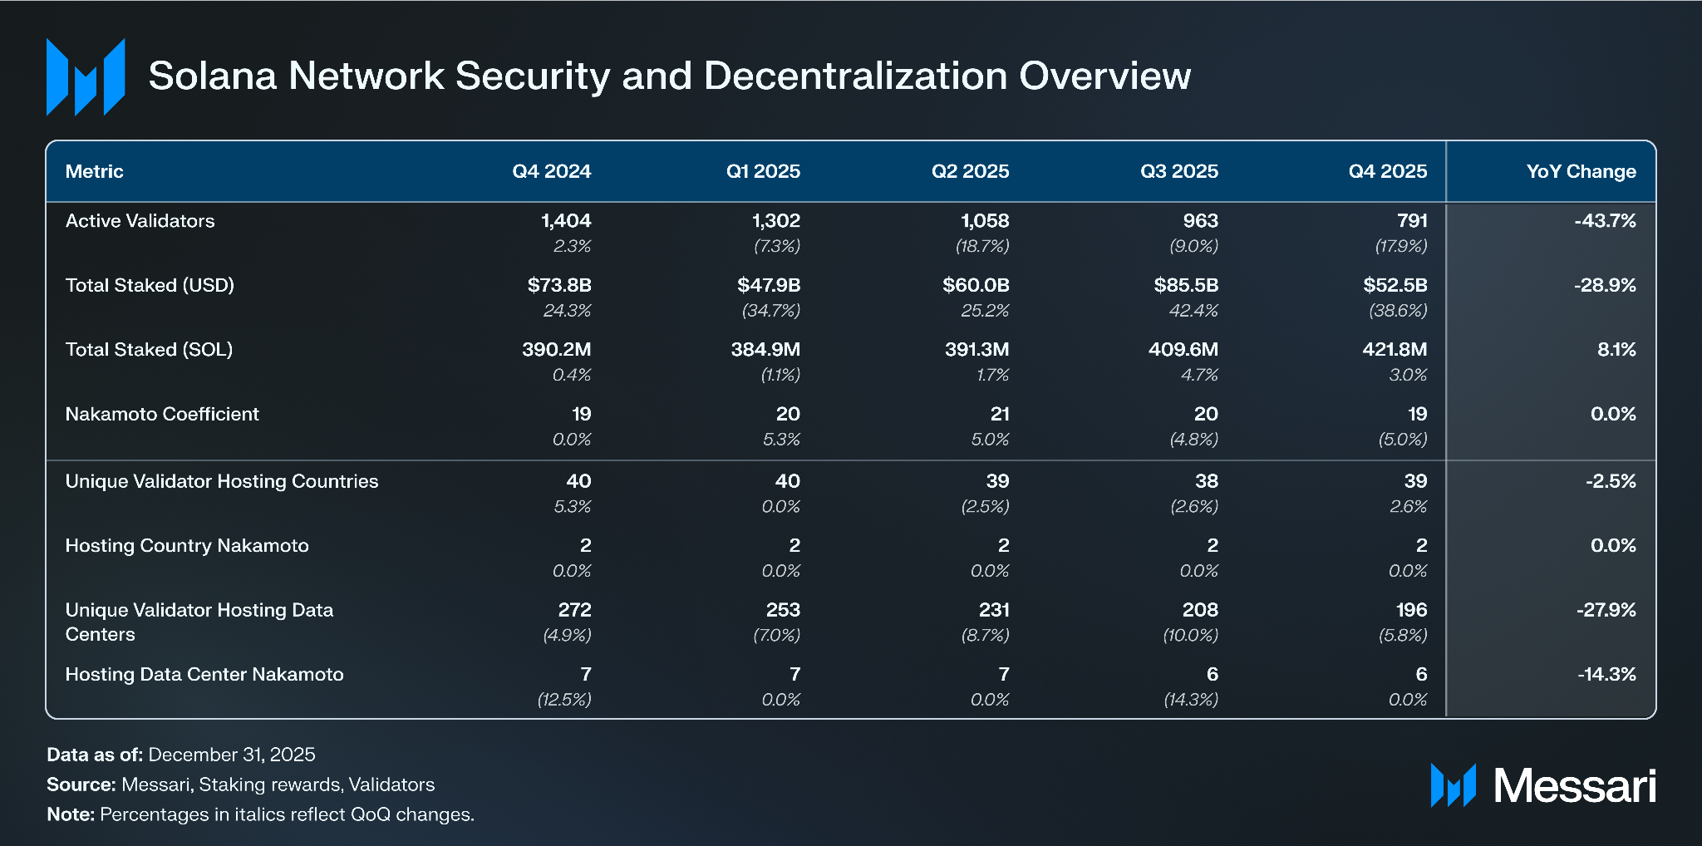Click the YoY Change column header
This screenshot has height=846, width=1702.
point(1581,171)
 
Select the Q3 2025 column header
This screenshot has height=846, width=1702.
point(1178,171)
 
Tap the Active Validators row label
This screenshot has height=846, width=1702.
point(140,221)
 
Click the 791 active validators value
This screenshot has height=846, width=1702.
point(1412,221)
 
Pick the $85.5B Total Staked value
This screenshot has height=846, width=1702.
point(1186,285)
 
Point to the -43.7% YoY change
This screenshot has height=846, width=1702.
point(1604,221)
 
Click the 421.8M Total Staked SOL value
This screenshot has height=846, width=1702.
point(1395,350)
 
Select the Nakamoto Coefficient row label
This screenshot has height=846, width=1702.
point(162,414)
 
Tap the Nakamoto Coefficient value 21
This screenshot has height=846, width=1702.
point(1000,414)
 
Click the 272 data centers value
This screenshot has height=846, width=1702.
point(574,610)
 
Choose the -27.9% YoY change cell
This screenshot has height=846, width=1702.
point(1606,610)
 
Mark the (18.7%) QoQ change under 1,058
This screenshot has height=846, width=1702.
point(982,246)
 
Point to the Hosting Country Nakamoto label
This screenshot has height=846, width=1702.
point(187,546)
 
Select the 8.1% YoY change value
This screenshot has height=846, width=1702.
point(1616,350)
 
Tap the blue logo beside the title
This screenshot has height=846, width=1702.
point(86,76)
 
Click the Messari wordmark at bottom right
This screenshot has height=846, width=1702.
point(1574,785)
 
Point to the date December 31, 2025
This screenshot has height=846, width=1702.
point(232,755)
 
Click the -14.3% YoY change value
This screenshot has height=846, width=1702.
point(1606,674)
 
